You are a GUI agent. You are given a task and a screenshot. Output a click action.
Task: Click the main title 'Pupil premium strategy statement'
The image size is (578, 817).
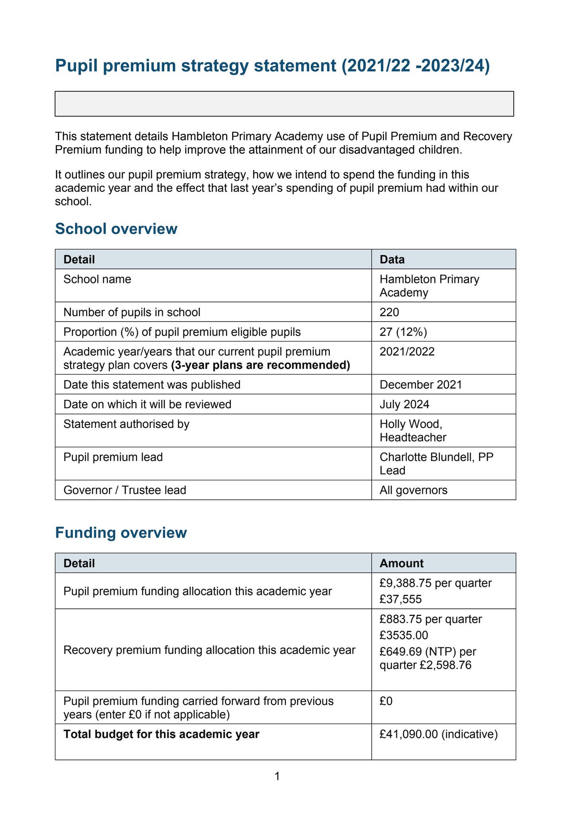[272, 66]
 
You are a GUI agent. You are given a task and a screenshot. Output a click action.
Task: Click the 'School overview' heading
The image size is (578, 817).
[116, 229]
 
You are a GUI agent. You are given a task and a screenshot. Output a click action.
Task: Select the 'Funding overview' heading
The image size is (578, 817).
[121, 533]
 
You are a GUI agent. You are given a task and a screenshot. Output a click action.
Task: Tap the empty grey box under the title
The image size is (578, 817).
[284, 104]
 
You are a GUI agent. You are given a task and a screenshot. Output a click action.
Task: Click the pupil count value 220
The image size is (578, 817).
[389, 312]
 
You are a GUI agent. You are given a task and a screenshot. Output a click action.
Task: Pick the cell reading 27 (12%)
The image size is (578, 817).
[404, 332]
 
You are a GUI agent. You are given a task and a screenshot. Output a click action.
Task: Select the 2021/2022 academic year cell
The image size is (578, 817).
[407, 352]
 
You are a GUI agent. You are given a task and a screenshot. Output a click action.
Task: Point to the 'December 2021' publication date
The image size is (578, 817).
[421, 385]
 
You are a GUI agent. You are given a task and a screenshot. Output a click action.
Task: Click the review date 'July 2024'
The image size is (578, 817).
[404, 405]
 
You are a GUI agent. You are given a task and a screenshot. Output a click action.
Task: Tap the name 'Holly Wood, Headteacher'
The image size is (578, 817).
[413, 430]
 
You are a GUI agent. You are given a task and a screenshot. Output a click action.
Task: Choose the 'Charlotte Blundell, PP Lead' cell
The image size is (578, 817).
[436, 464]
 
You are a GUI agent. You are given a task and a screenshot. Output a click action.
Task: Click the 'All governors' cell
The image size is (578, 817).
[413, 490]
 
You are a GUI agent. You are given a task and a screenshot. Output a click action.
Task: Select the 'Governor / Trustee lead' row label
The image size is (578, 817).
[125, 490]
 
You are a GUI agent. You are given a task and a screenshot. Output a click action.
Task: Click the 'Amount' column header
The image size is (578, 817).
[401, 563]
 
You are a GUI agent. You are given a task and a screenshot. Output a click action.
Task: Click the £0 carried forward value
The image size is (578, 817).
[386, 701]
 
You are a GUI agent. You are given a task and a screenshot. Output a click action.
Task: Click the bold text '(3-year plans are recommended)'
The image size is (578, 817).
[260, 365]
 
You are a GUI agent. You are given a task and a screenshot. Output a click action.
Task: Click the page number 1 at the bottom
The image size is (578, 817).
[277, 776]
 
